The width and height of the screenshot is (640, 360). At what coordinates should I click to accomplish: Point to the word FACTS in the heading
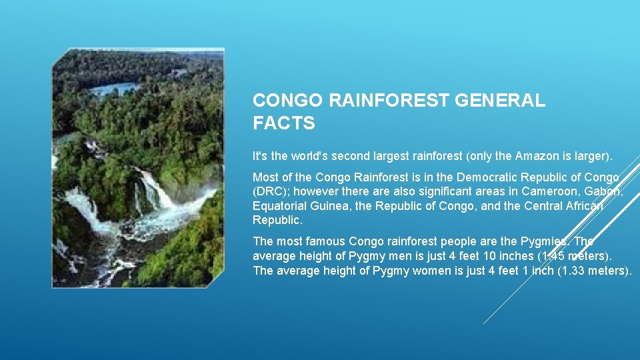(283, 123)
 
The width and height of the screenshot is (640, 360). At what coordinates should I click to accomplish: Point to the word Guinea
(333, 206)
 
